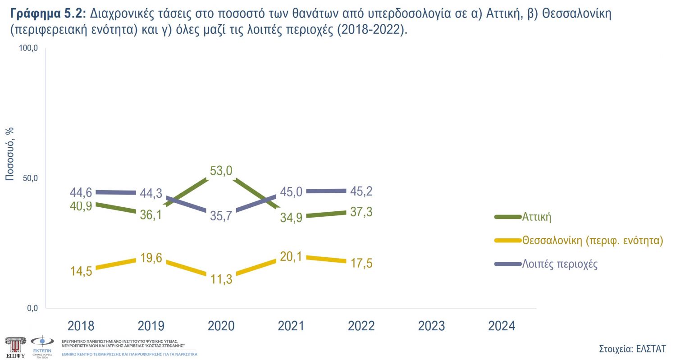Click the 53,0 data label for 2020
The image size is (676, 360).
click(x=221, y=171)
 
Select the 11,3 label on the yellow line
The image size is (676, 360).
click(x=221, y=279)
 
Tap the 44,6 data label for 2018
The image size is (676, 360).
click(x=81, y=192)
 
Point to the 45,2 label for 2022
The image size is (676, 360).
click(x=361, y=191)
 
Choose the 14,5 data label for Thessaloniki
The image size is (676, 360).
click(x=81, y=271)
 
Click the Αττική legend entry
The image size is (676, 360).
click(x=537, y=217)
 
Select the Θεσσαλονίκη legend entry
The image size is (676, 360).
click(x=593, y=240)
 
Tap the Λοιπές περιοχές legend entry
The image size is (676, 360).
click(x=560, y=264)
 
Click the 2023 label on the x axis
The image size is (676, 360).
click(x=431, y=326)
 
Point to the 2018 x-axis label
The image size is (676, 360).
click(x=81, y=326)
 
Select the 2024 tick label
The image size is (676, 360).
click(x=501, y=326)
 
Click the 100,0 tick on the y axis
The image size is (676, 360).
click(x=28, y=48)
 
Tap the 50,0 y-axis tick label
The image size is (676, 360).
click(x=30, y=178)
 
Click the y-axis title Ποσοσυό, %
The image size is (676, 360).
click(x=9, y=154)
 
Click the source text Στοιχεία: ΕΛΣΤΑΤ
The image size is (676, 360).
click(x=632, y=349)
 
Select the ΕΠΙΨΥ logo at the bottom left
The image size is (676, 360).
click(x=15, y=346)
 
